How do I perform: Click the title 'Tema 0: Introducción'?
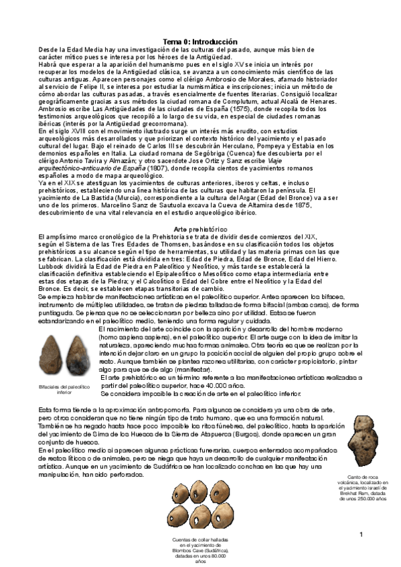[200, 41]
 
